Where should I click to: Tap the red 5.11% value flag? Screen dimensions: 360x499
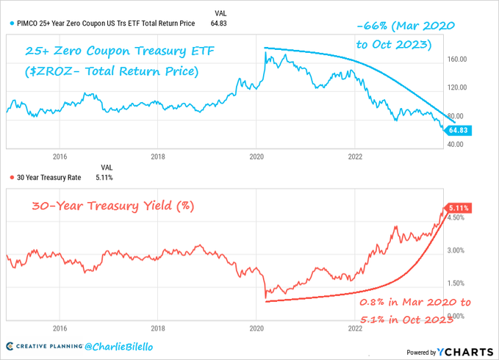coord(459,208)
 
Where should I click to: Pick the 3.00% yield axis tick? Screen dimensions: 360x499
coord(457,251)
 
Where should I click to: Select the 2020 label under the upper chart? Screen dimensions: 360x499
coord(257,156)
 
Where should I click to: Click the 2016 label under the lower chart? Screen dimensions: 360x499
coord(60,328)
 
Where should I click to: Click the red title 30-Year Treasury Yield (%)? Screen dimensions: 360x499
coord(112,206)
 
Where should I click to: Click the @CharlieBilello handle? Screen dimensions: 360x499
coord(114,345)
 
